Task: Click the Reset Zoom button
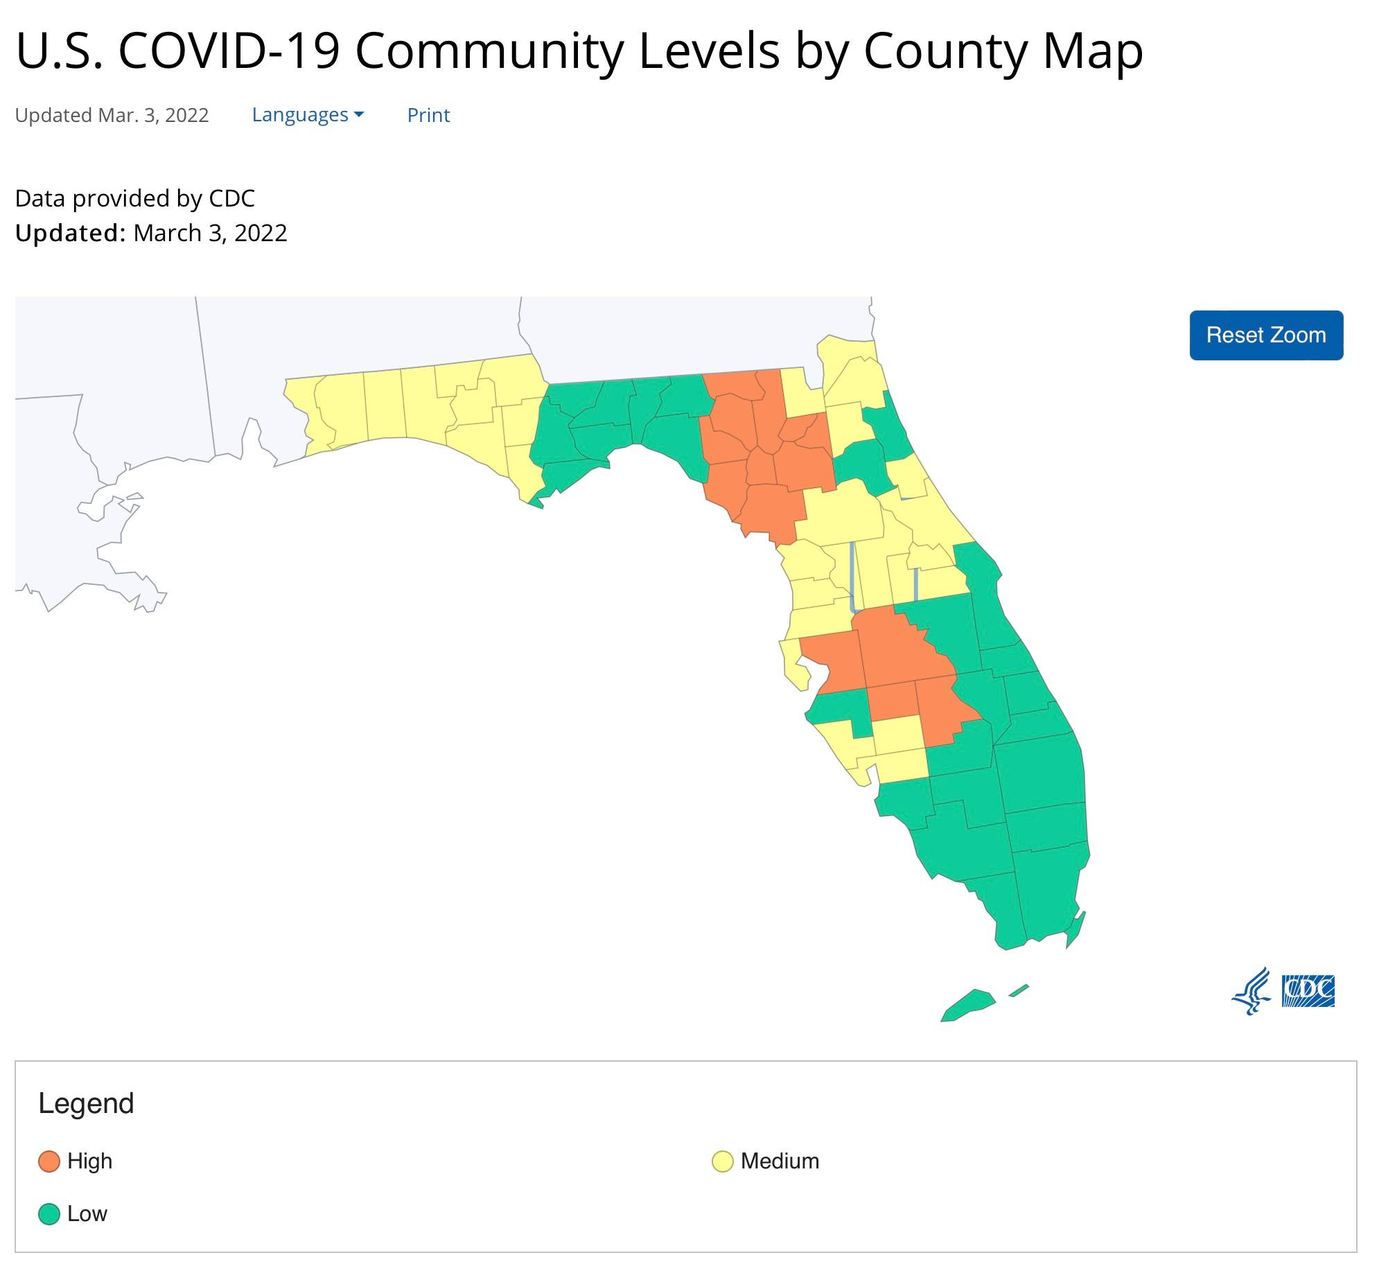pos(1265,335)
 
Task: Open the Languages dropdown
pos(307,115)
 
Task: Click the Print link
pos(428,115)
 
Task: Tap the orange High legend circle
pos(49,1161)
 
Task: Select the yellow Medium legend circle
pos(722,1161)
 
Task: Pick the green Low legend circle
pos(49,1213)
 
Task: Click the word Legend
pos(86,1103)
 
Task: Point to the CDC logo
pos(1308,991)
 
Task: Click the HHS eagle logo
pos(1251,991)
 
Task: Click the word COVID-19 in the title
pos(229,51)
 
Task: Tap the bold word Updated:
pos(70,234)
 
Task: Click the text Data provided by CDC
pos(134,199)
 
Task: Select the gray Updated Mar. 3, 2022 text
pos(112,115)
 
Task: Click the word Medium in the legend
pos(780,1161)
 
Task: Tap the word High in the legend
pos(89,1161)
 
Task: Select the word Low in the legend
pos(87,1213)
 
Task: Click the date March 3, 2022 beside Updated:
pos(210,234)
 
